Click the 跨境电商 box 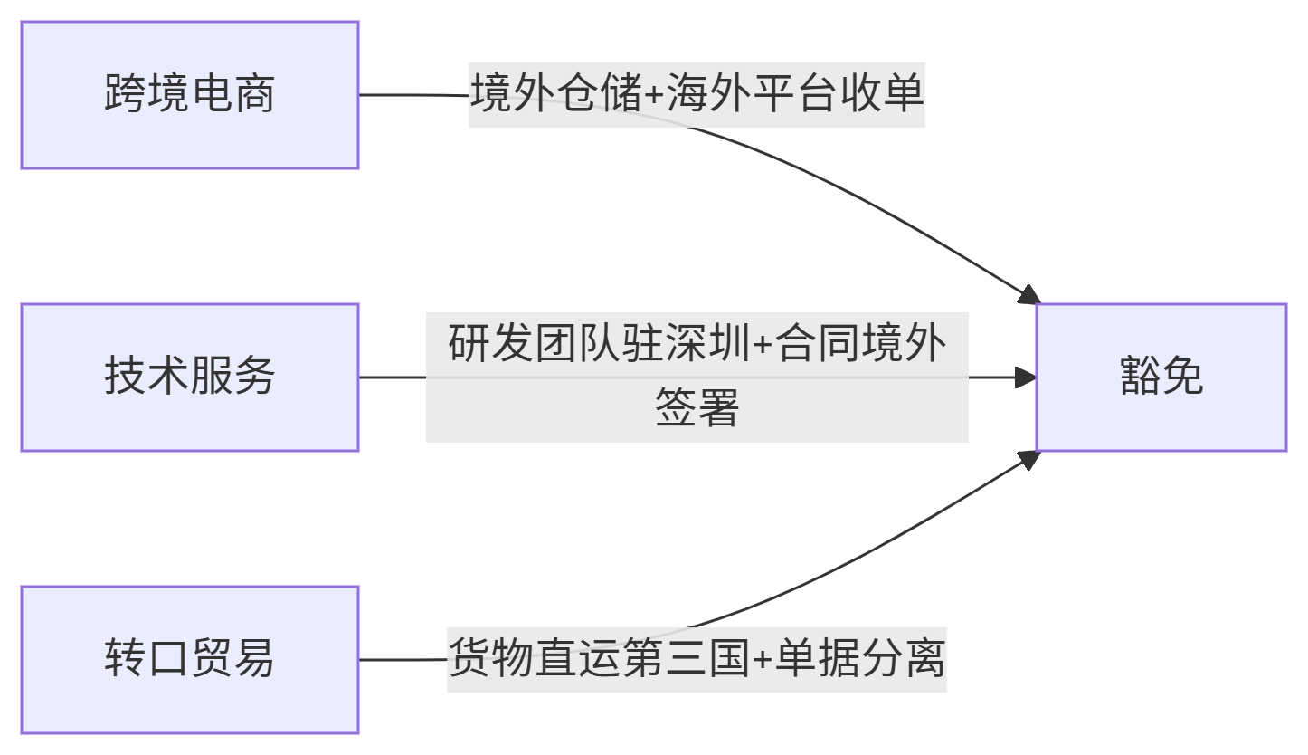[190, 95]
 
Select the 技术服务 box [190, 377]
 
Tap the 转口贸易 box [190, 660]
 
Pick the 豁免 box [1161, 377]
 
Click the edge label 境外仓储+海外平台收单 [697, 95]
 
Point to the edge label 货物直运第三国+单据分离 [697, 660]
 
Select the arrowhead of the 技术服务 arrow [1027, 377]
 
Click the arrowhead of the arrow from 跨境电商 [1029, 296]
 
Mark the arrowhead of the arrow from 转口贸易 [1029, 459]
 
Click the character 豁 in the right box [1141, 377]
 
